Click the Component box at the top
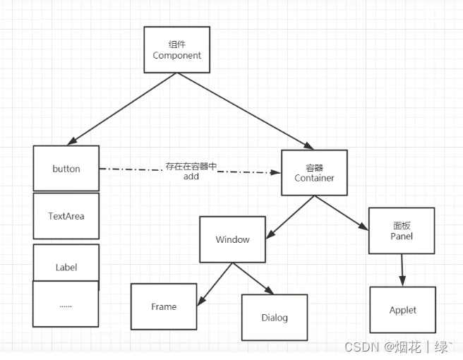(177, 49)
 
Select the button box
(66, 169)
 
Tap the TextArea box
(66, 215)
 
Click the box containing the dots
(66, 304)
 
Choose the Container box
(314, 173)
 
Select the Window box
(232, 239)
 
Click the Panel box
(402, 230)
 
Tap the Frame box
(164, 306)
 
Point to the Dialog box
(275, 318)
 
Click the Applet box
(402, 310)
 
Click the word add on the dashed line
(191, 176)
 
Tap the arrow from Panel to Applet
(402, 268)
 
